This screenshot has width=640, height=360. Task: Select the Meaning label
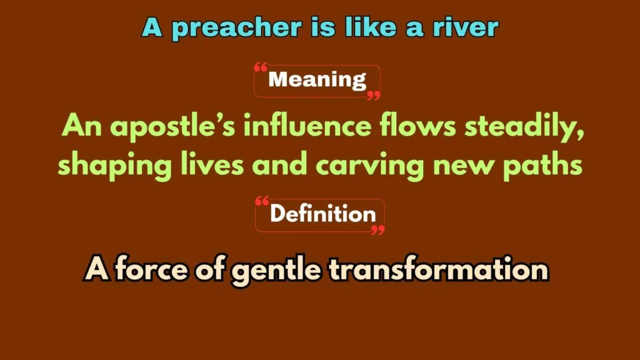coord(317,80)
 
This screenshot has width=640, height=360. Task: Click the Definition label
coord(322,214)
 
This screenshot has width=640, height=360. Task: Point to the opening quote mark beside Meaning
coord(261,67)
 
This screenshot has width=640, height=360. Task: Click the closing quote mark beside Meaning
coord(373,94)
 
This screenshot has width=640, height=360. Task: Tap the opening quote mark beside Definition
coord(262,201)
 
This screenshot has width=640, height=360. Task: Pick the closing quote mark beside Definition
coord(377,229)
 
